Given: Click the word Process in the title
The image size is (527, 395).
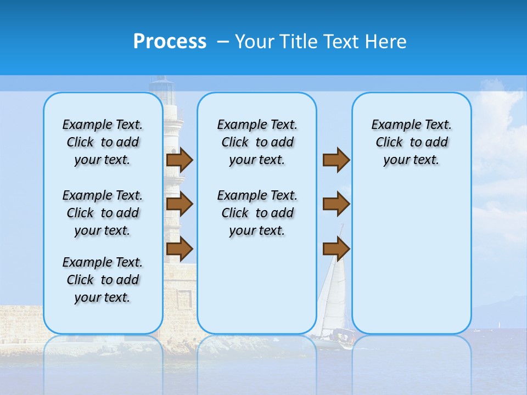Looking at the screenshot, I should point(170,42).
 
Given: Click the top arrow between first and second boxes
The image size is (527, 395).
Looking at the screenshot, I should point(180,160).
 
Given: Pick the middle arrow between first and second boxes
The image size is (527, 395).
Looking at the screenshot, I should point(180,205).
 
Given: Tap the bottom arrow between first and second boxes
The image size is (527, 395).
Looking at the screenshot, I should point(180,249).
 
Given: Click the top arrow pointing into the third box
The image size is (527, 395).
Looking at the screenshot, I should point(336,160).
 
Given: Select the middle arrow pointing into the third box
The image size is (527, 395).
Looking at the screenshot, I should point(336,205).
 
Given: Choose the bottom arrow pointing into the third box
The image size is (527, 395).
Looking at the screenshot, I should point(336,249).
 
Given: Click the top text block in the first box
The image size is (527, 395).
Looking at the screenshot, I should point(102,142).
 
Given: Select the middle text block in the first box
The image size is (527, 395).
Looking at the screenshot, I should point(102,213).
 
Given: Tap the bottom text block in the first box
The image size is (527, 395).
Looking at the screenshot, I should point(102,280).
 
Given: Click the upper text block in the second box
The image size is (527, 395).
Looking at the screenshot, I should point(257,142).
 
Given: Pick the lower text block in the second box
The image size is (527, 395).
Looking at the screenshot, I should point(257,213).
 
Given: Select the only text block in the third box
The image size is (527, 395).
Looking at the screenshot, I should point(411,142).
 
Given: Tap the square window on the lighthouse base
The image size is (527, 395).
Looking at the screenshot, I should point(184,299).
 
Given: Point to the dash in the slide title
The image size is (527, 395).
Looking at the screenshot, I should point(222,42).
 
